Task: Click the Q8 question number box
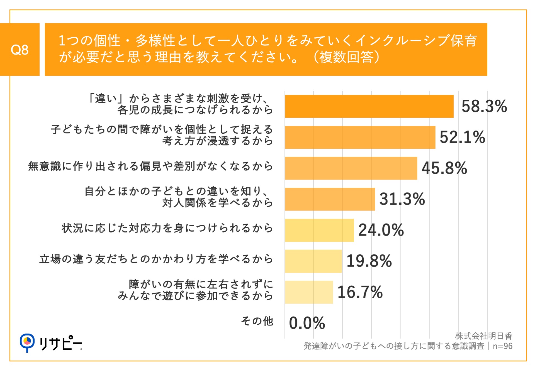pyautogui.click(x=20, y=50)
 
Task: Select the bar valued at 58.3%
pyautogui.click(x=369, y=106)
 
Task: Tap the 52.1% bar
pyautogui.click(x=360, y=137)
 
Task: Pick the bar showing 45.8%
pyautogui.click(x=351, y=168)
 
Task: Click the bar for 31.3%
pyautogui.click(x=330, y=199)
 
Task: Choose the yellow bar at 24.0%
pyautogui.click(x=319, y=230)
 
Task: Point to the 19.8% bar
pyautogui.click(x=313, y=261)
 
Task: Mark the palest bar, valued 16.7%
pyautogui.click(x=309, y=292)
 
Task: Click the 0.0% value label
pyautogui.click(x=307, y=323)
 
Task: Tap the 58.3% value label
pyautogui.click(x=484, y=106)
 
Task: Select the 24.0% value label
pyautogui.click(x=381, y=230)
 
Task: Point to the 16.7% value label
pyautogui.click(x=360, y=292)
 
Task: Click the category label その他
pyautogui.click(x=257, y=321)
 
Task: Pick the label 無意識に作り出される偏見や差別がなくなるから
pyautogui.click(x=150, y=166)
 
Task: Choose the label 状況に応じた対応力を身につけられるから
pyautogui.click(x=167, y=228)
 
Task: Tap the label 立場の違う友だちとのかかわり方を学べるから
pyautogui.click(x=156, y=259)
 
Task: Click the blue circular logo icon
pyautogui.click(x=27, y=342)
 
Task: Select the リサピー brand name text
pyautogui.click(x=60, y=343)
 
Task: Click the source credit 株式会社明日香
pyautogui.click(x=483, y=336)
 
